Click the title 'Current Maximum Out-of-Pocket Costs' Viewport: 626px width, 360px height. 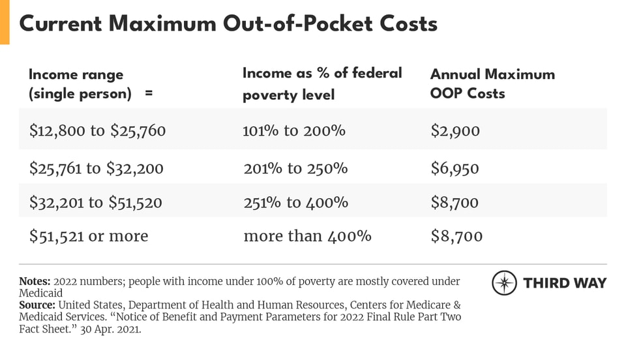228,23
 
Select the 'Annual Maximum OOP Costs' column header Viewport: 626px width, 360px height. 492,83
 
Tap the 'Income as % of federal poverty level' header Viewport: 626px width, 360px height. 322,83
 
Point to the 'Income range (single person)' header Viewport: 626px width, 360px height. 91,83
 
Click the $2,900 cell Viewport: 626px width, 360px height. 455,130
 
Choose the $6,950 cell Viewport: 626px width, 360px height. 455,168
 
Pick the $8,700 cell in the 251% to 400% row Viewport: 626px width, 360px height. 455,202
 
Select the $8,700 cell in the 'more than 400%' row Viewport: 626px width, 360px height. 456,235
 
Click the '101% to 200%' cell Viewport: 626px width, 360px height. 294,130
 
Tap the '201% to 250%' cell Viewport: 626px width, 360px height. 295,168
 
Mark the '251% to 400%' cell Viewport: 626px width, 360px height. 295,202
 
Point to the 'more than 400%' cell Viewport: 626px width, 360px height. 307,235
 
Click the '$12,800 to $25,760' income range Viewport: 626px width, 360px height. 97,130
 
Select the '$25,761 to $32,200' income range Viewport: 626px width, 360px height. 96,168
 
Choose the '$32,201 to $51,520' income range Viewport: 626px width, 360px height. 95,202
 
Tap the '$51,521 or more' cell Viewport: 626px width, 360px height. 89,235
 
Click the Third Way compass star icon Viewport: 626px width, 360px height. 504,283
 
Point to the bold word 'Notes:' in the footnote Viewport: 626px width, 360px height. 35,282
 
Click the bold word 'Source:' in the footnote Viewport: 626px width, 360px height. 37,305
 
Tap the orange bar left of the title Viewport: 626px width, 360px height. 5,22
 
